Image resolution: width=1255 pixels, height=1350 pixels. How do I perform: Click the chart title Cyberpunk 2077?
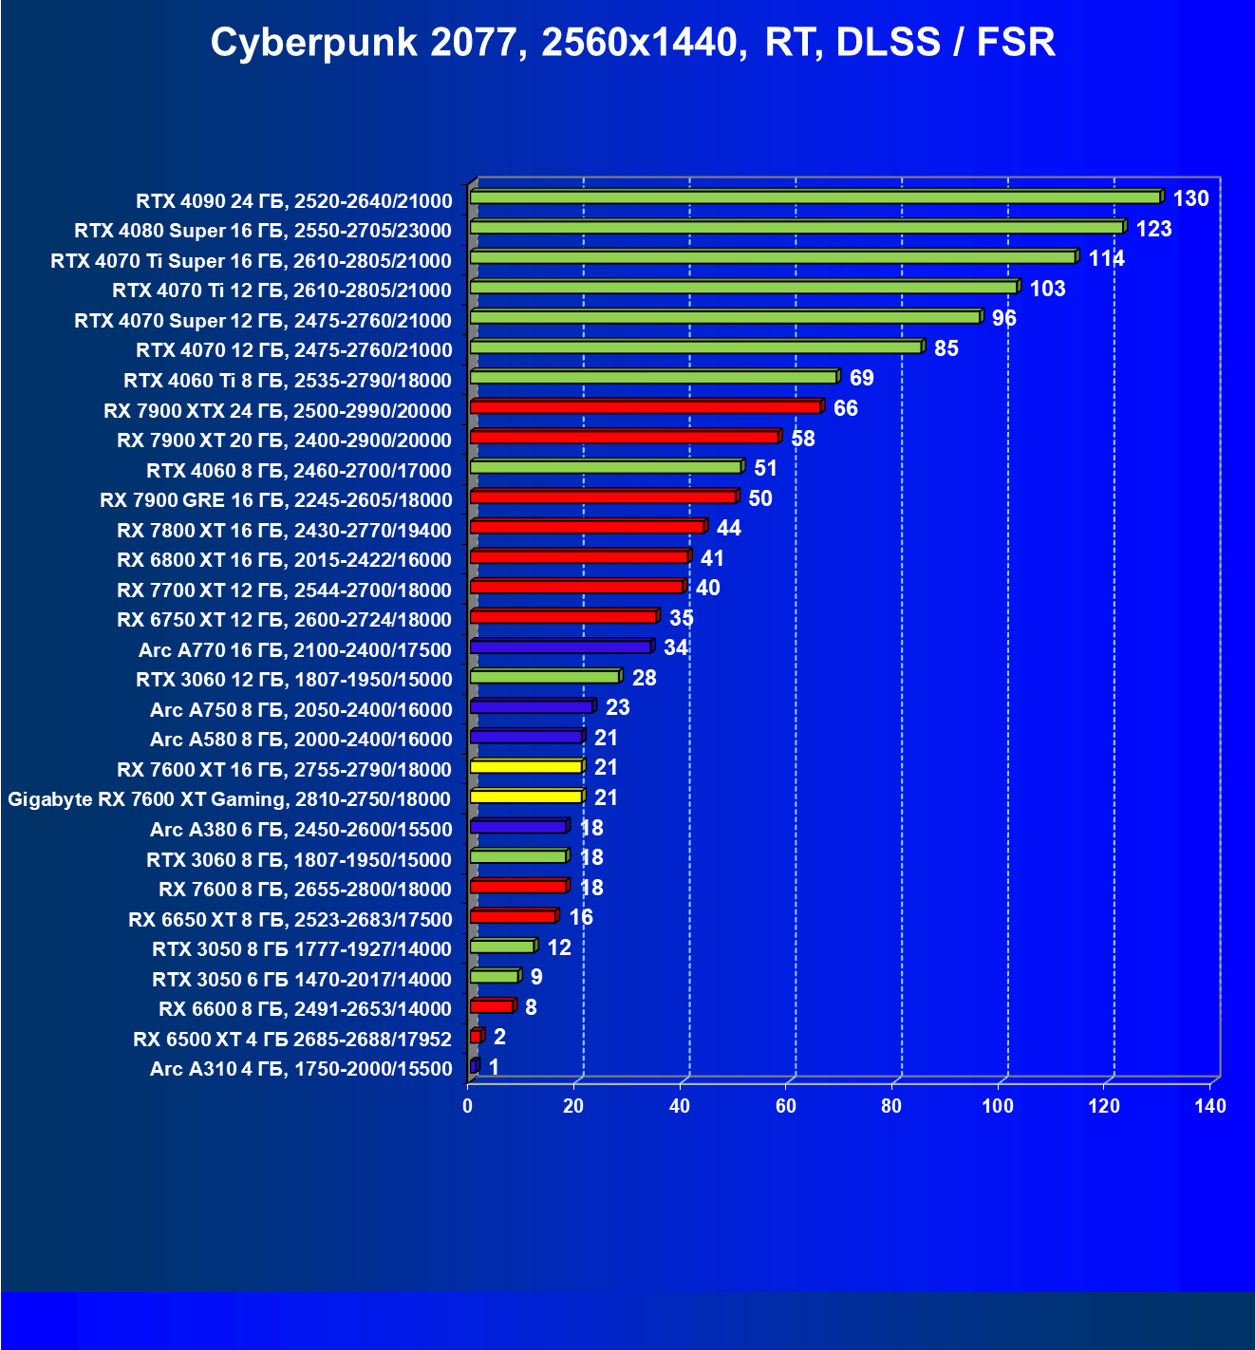click(x=632, y=43)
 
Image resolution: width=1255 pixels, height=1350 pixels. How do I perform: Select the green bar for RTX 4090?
click(x=815, y=197)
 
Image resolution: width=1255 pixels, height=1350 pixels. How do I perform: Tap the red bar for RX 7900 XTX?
click(x=645, y=407)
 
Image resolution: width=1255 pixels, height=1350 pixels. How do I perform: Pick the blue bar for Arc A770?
click(x=560, y=647)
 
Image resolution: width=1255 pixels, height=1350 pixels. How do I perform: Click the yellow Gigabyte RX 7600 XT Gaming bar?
click(x=525, y=797)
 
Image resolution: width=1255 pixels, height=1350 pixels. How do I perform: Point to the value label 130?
click(x=1190, y=198)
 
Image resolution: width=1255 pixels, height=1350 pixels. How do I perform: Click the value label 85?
click(x=946, y=348)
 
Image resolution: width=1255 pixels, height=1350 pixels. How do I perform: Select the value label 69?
click(x=861, y=378)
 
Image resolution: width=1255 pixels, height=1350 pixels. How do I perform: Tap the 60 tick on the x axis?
click(x=785, y=1106)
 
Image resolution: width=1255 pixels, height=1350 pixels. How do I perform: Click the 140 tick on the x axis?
click(x=1210, y=1106)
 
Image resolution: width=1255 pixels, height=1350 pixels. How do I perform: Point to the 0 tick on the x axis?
click(x=467, y=1106)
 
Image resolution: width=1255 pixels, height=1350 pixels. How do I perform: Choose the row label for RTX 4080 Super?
click(x=263, y=231)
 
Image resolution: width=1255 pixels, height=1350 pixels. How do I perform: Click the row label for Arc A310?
click(x=301, y=1069)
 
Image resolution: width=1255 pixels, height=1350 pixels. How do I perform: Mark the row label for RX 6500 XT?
click(x=292, y=1040)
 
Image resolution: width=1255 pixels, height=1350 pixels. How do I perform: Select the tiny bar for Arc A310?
click(x=474, y=1066)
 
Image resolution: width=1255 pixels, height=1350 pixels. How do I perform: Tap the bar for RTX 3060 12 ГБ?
click(x=544, y=677)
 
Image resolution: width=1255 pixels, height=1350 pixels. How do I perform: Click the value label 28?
click(x=644, y=678)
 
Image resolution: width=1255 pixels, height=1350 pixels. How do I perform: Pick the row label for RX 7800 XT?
click(x=284, y=530)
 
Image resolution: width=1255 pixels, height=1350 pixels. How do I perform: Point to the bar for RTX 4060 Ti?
click(x=653, y=377)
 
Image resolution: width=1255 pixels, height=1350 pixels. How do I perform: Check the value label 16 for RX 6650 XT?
click(x=581, y=917)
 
